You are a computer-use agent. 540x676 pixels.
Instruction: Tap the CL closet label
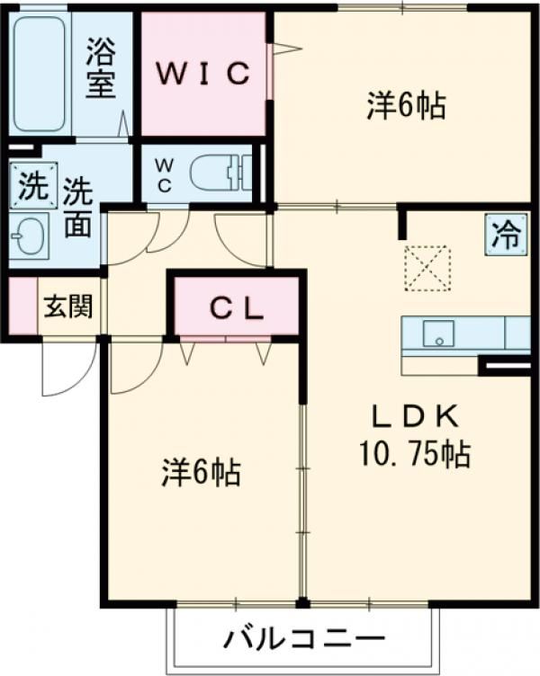237,308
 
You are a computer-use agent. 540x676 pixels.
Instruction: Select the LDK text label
417,416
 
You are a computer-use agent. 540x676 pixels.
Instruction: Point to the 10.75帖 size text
417,455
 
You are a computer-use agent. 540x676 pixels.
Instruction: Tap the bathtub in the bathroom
39,74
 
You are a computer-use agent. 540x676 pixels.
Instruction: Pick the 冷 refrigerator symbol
504,236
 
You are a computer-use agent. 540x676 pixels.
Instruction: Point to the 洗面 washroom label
79,209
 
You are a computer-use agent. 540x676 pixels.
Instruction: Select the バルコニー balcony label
303,641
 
